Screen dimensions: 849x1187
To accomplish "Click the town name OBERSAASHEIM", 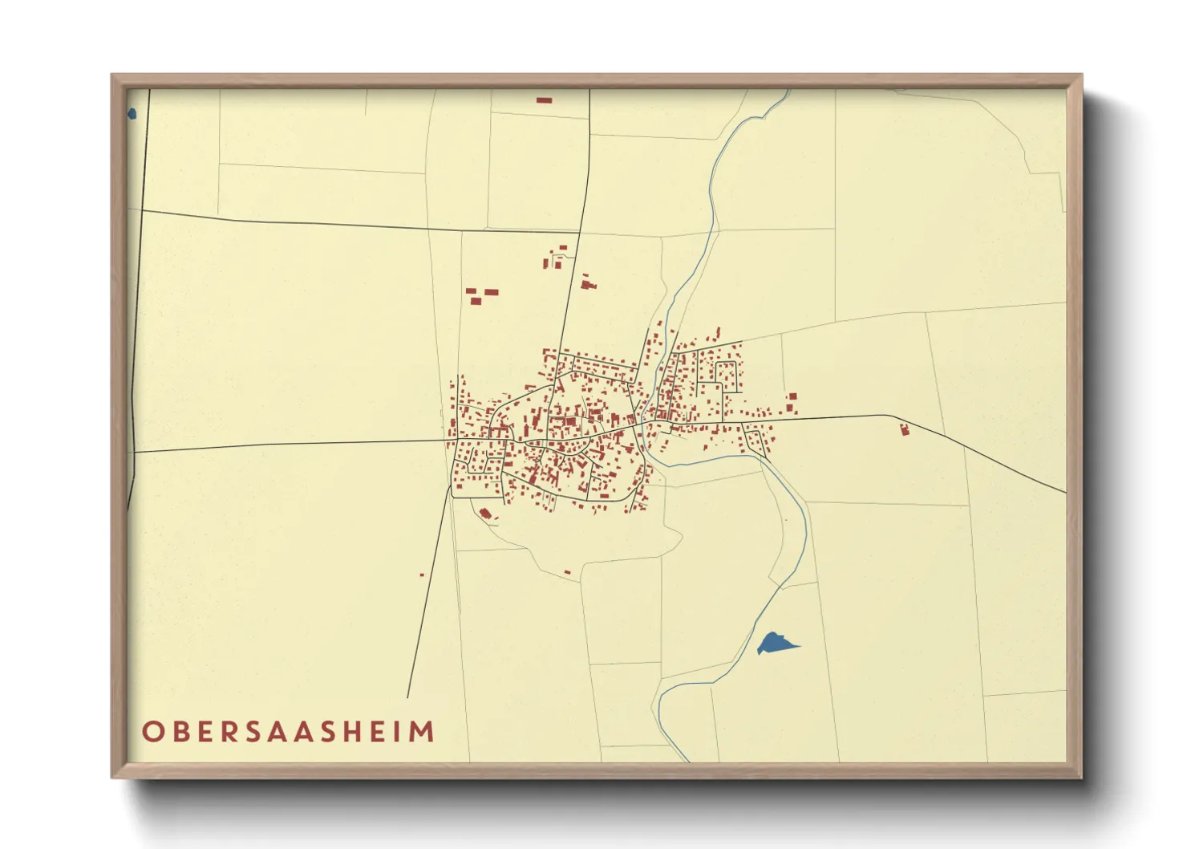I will pyautogui.click(x=289, y=732).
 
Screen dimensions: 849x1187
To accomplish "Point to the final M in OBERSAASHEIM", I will pyautogui.click(x=423, y=732).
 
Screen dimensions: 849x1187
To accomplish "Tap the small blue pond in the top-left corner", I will pyautogui.click(x=132, y=114).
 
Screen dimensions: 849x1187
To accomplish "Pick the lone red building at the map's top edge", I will pyautogui.click(x=545, y=100).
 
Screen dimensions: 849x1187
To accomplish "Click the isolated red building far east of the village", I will pyautogui.click(x=905, y=430).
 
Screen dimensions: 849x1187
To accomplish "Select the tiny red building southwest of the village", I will pyautogui.click(x=422, y=575).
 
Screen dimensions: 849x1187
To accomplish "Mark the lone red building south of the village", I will pyautogui.click(x=568, y=572).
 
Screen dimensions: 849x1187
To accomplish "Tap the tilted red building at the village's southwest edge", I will pyautogui.click(x=484, y=514).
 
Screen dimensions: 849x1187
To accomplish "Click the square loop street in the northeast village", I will pyautogui.click(x=726, y=375).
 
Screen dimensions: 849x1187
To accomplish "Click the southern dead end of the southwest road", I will pyautogui.click(x=407, y=697).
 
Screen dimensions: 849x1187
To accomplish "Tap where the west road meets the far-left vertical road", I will pyautogui.click(x=134, y=452).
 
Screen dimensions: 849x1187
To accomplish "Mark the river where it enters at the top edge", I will pyautogui.click(x=788, y=91).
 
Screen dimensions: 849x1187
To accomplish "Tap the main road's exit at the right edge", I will pyautogui.click(x=1065, y=492).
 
